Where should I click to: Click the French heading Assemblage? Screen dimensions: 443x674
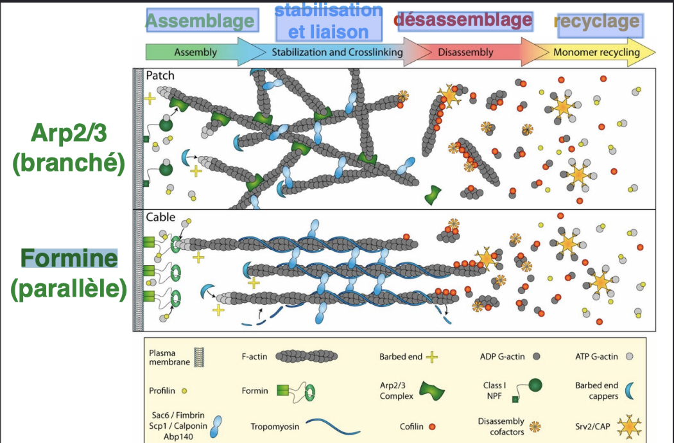pyautogui.click(x=200, y=21)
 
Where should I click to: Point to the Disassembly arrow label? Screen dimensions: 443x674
pyautogui.click(x=466, y=52)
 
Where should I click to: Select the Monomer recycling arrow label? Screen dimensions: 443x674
pyautogui.click(x=596, y=52)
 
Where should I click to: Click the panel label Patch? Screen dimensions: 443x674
pyautogui.click(x=160, y=75)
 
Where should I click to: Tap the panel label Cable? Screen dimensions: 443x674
pyautogui.click(x=160, y=217)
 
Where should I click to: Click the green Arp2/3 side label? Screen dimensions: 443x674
pyautogui.click(x=68, y=147)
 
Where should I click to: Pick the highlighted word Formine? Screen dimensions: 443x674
pyautogui.click(x=69, y=259)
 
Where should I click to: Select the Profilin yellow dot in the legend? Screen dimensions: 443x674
pyautogui.click(x=184, y=390)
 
